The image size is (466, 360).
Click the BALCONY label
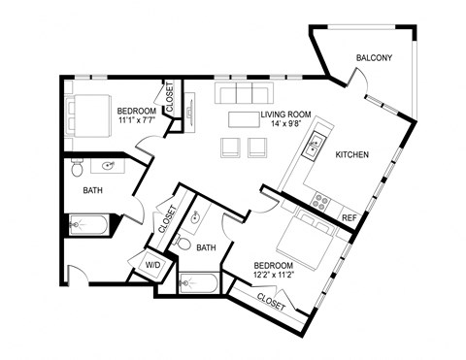[x=373, y=58]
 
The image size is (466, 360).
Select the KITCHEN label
[x=350, y=154]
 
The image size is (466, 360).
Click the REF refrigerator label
[x=349, y=218]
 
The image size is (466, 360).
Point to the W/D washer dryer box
[x=152, y=264]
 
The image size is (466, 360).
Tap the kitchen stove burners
[x=319, y=201]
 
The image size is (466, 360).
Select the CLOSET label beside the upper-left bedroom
[x=170, y=99]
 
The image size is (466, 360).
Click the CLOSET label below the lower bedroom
[x=271, y=304]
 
